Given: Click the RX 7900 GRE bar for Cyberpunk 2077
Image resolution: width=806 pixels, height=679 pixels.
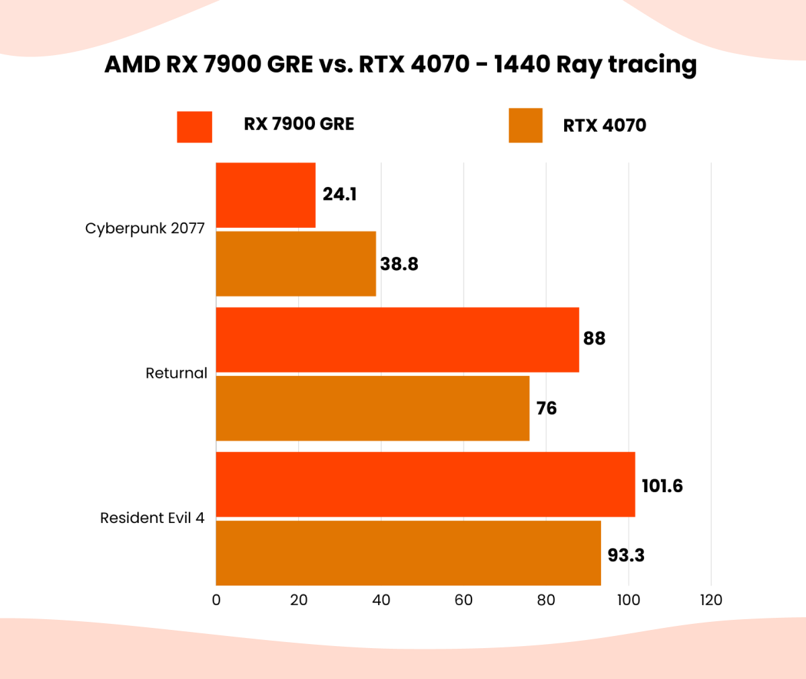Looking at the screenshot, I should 265,195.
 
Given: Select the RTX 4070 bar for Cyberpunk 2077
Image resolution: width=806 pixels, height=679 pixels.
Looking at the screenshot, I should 296,264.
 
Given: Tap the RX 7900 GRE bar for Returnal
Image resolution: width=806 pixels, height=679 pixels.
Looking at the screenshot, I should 397,339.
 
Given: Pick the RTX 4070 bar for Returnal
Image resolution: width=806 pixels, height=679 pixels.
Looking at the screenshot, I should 372,408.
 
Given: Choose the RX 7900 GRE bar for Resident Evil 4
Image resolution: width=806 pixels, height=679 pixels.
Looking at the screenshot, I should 425,485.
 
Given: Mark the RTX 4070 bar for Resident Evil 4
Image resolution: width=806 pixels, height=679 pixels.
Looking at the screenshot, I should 408,553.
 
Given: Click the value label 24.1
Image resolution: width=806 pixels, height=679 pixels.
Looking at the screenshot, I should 339,194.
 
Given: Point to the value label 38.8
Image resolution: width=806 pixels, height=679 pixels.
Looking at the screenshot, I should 399,264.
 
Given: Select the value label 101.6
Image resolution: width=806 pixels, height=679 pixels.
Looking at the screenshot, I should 662,485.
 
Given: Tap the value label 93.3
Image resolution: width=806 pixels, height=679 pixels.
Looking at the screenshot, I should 626,555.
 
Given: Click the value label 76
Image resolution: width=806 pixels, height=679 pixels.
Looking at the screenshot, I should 546,409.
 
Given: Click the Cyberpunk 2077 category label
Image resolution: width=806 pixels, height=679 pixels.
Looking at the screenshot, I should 144,229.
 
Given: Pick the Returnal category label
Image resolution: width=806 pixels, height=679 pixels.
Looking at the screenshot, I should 176,373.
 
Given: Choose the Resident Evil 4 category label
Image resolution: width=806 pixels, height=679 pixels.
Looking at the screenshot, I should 152,518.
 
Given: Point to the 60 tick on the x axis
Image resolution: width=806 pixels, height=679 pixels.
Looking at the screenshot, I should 463,600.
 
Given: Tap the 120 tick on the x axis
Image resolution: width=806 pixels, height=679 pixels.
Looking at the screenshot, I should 711,600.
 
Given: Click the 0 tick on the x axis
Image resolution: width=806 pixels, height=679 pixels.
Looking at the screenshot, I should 216,600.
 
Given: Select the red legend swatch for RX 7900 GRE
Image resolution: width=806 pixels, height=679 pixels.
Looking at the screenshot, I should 194,126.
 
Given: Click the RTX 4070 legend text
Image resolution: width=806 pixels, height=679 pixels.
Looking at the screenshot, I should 604,126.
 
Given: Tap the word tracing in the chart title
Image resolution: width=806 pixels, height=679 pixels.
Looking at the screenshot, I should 652,65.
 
